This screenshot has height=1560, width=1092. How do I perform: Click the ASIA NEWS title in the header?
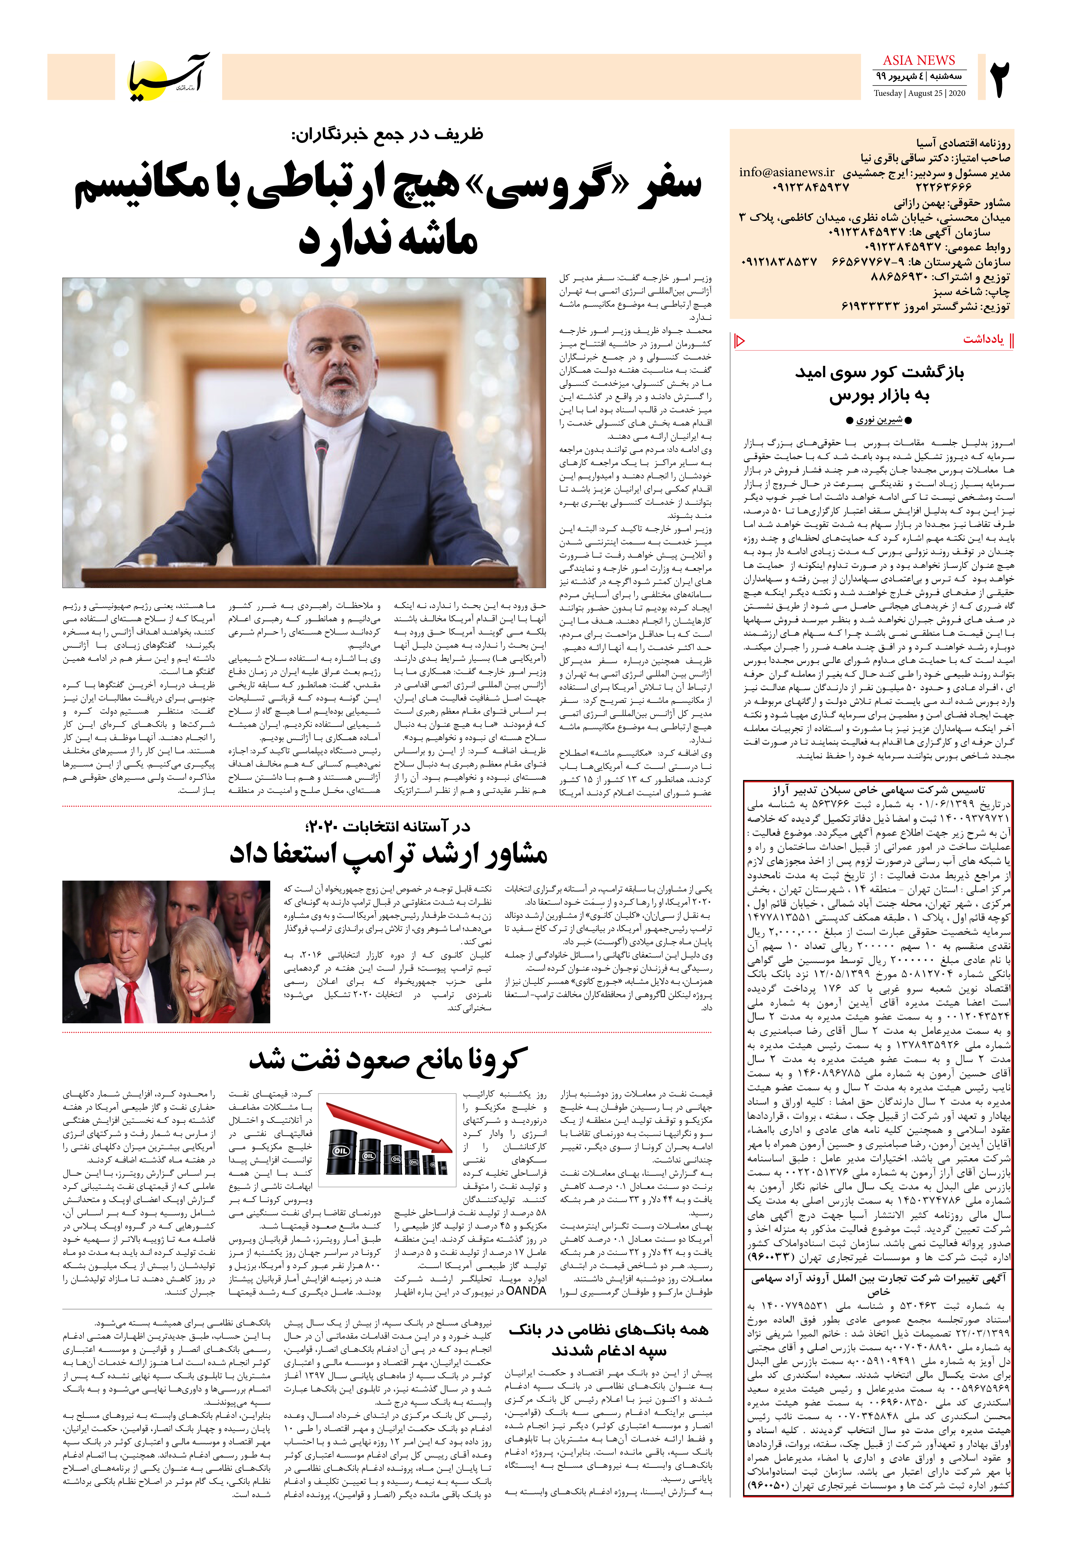[x=919, y=60]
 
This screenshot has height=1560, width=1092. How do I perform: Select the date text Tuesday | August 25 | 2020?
[x=919, y=93]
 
